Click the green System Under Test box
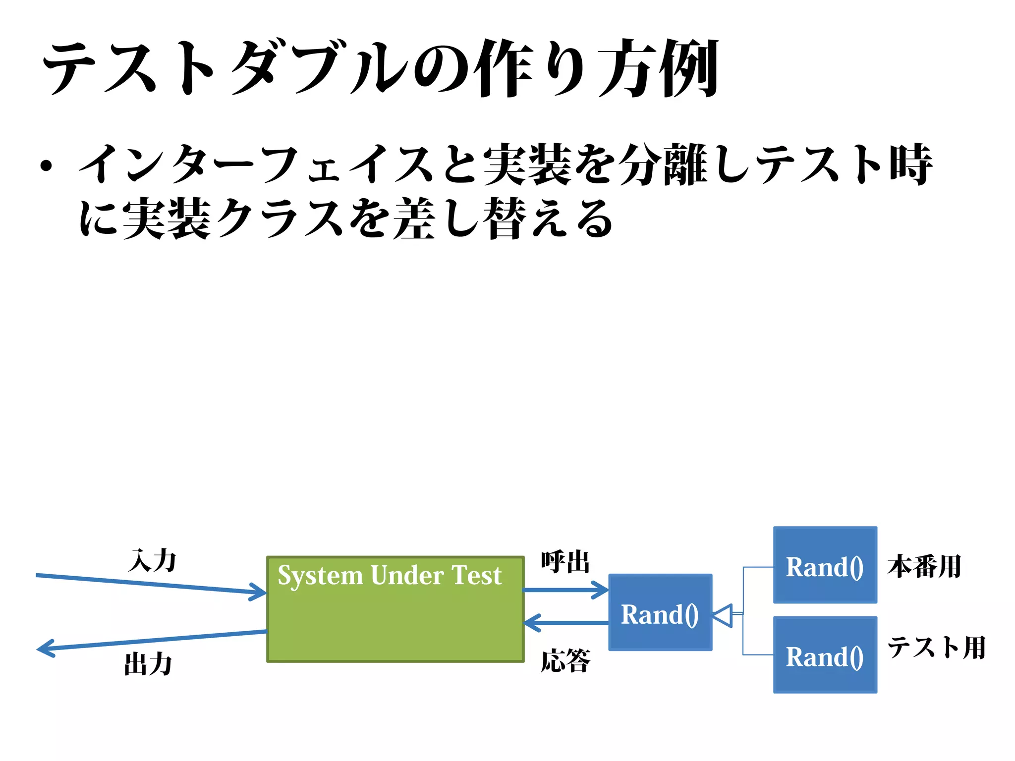tap(395, 624)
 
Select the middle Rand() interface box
tap(660, 613)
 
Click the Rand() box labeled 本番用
tap(825, 565)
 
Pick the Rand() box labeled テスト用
tap(825, 655)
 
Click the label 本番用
tap(924, 566)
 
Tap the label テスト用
tap(936, 648)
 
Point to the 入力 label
tap(152, 561)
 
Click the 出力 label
tap(148, 664)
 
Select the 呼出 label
tap(565, 562)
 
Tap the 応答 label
tap(565, 661)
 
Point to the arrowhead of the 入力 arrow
tap(259, 592)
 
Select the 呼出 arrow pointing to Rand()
tap(565, 590)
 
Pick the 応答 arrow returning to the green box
tap(565, 623)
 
